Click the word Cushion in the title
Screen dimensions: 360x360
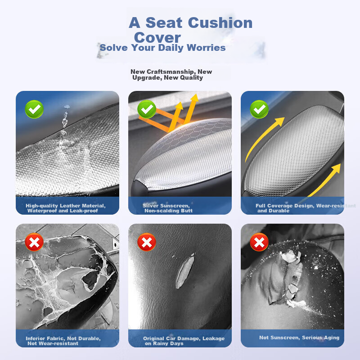(x=220, y=23)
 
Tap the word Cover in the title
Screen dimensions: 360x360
(x=157, y=37)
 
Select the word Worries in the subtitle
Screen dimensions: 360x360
(x=206, y=48)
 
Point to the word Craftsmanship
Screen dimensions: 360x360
(x=171, y=72)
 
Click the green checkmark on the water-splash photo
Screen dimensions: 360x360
(x=34, y=109)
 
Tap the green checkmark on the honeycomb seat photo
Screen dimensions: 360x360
(x=147, y=109)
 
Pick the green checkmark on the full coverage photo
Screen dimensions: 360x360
(x=259, y=109)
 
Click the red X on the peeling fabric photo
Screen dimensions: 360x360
(x=34, y=242)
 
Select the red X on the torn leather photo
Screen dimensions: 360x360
(x=147, y=242)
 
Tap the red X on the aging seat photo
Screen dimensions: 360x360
(x=259, y=242)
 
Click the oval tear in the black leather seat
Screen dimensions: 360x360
(x=185, y=271)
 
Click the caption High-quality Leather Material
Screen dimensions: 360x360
(x=66, y=206)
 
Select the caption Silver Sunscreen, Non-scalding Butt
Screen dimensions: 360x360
(x=167, y=208)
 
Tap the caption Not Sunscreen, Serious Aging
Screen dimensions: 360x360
(x=299, y=337)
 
